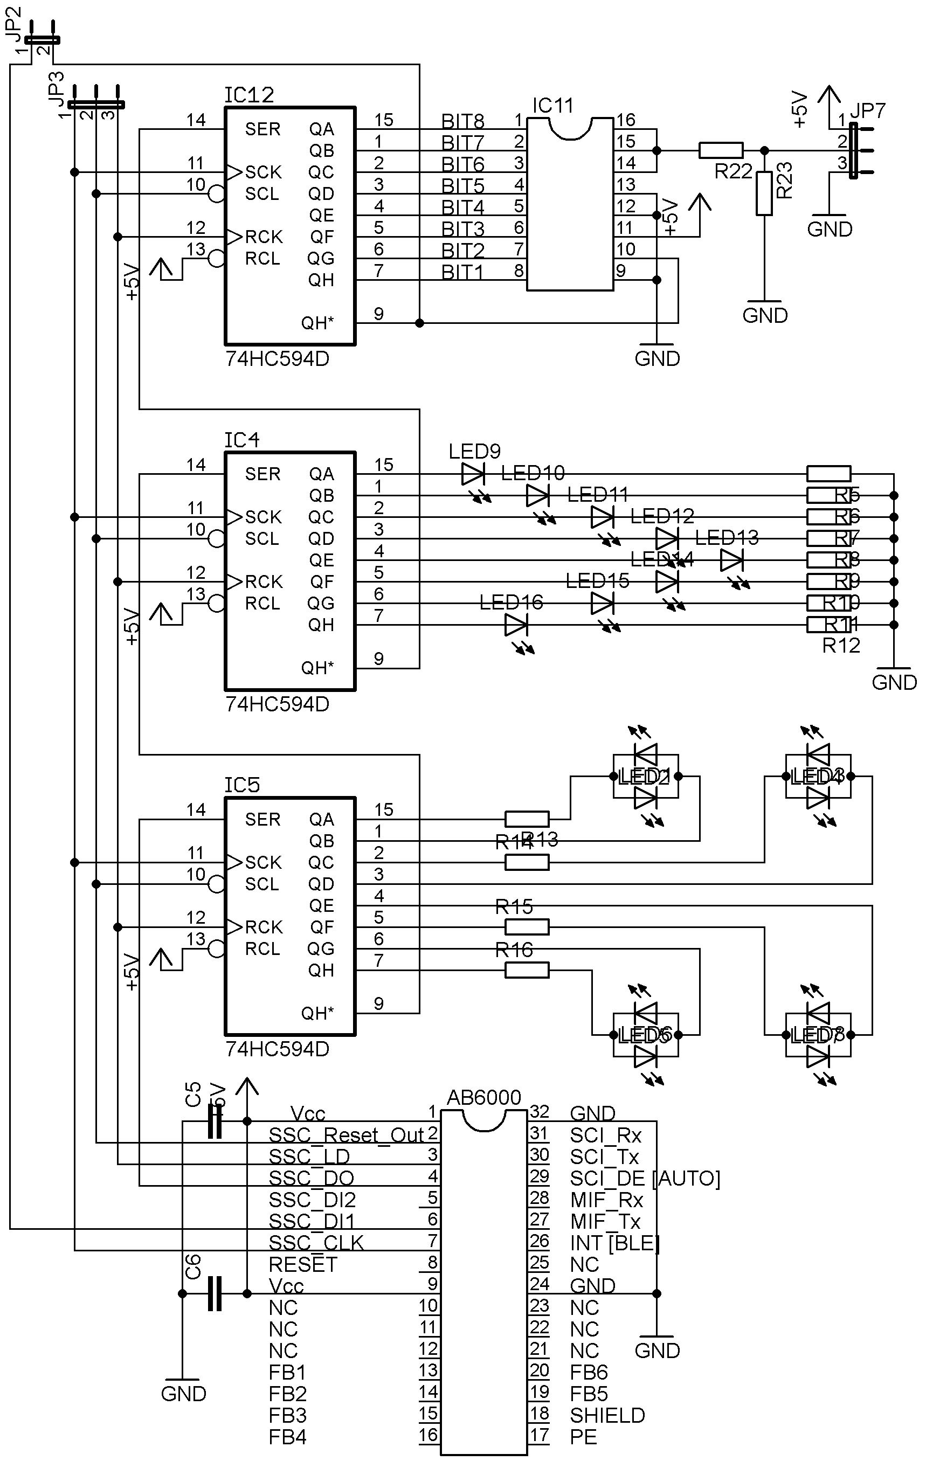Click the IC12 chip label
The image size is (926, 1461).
249,95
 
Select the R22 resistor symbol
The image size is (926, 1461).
720,150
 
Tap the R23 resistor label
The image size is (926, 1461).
785,180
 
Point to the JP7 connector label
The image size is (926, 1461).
868,110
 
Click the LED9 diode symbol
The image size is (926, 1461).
473,474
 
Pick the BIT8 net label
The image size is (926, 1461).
462,121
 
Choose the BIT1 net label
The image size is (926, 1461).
462,272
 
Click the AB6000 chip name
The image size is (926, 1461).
483,1097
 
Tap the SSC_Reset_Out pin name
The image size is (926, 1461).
346,1135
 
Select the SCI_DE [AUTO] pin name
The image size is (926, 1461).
645,1178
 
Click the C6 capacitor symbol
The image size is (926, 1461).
214,1293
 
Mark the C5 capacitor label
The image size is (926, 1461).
192,1095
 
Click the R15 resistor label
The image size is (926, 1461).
514,906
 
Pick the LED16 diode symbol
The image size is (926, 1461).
516,624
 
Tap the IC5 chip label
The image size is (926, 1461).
241,785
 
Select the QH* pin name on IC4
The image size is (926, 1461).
317,668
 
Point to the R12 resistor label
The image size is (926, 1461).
841,646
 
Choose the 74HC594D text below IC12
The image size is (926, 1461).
277,358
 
